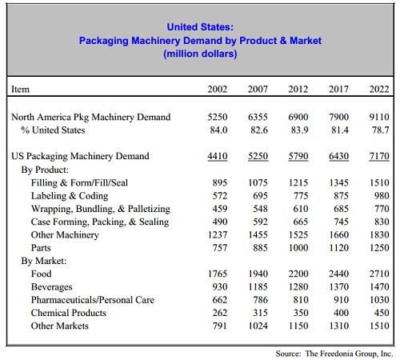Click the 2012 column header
[x=298, y=89]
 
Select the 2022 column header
[x=379, y=89]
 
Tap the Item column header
[x=20, y=89]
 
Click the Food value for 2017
[x=338, y=274]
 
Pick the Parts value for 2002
[x=220, y=248]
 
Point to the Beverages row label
[x=52, y=287]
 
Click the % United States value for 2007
[x=259, y=130]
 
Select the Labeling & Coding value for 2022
[x=382, y=196]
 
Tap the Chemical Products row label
[x=69, y=313]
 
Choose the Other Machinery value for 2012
[x=298, y=234]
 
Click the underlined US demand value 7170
[x=379, y=156]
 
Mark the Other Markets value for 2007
[x=258, y=326]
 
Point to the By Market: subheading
[x=44, y=261]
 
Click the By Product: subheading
[x=45, y=170]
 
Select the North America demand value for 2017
[x=338, y=117]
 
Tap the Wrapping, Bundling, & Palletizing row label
[x=101, y=209]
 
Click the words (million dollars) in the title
[x=200, y=54]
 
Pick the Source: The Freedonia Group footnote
[x=334, y=354]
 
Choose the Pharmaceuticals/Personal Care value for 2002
[x=220, y=300]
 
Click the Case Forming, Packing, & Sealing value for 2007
[x=260, y=222]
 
